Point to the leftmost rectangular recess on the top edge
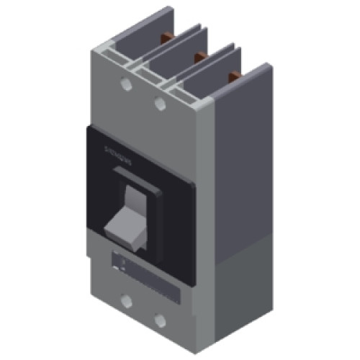(x=115, y=59)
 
